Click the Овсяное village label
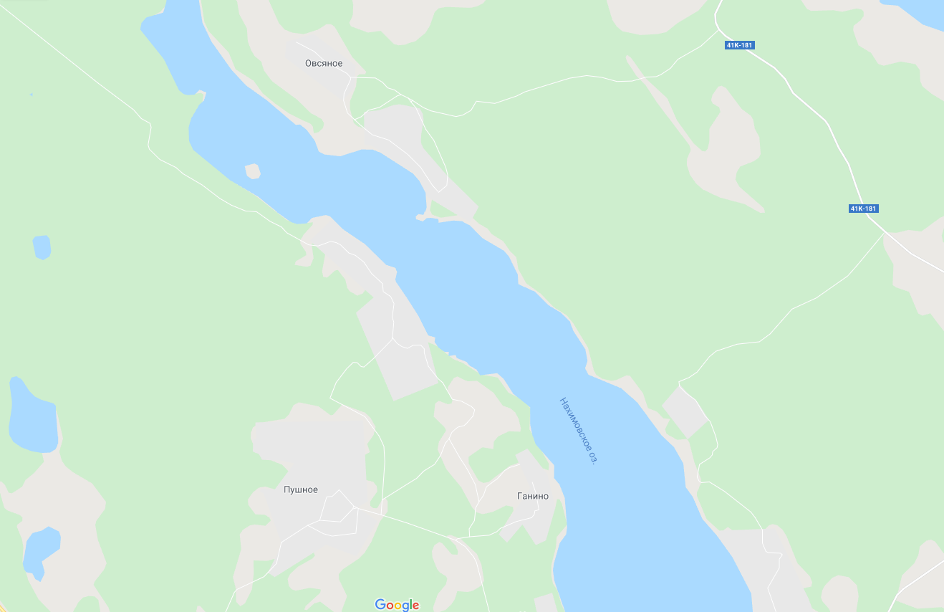point(324,64)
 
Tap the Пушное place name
point(301,490)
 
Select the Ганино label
point(533,496)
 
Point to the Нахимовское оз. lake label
point(578,430)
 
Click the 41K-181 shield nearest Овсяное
point(740,45)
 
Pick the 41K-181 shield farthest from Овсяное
point(863,209)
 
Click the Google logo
point(397,605)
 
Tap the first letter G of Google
point(380,605)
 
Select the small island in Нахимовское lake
point(252,171)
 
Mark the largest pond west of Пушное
point(32,419)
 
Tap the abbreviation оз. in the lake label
point(592,457)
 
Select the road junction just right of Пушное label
point(356,507)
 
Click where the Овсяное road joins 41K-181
point(718,30)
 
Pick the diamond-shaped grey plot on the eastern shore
point(685,412)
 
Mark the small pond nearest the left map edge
point(42,247)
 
